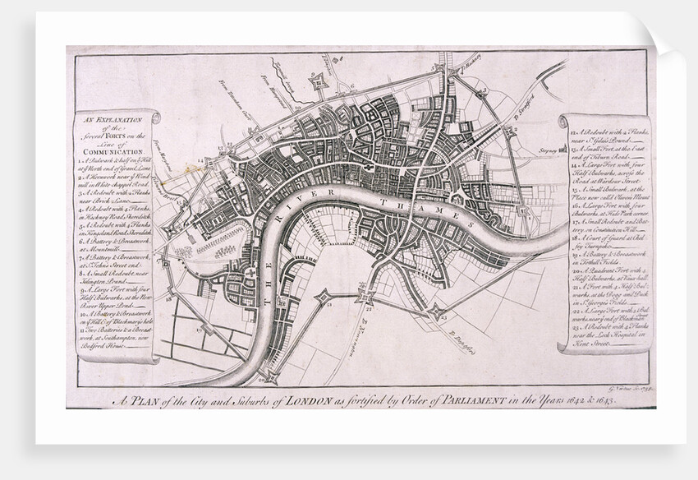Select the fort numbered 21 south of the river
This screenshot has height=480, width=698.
(323, 297)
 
